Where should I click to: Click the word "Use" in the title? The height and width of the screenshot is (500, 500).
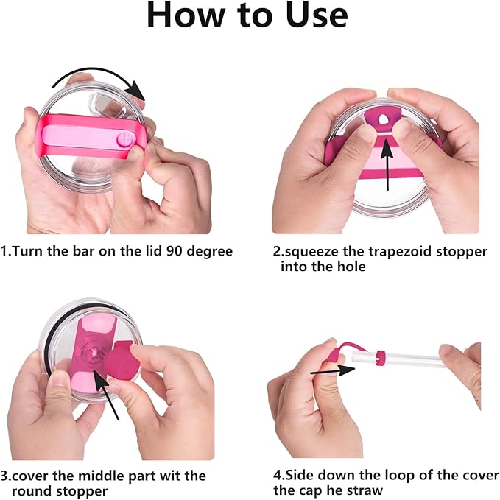pyautogui.click(x=317, y=15)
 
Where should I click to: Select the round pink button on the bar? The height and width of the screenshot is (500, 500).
pyautogui.click(x=124, y=139)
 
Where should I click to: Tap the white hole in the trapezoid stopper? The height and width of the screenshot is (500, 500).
pyautogui.click(x=383, y=119)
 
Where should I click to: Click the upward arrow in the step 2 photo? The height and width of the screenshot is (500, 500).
pyautogui.click(x=387, y=164)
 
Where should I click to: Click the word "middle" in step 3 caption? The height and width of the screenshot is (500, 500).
pyautogui.click(x=102, y=476)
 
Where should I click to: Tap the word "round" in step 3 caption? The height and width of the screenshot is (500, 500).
pyautogui.click(x=31, y=491)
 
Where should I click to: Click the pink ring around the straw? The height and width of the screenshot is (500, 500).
pyautogui.click(x=380, y=357)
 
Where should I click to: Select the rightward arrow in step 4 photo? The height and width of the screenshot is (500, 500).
pyautogui.click(x=333, y=371)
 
